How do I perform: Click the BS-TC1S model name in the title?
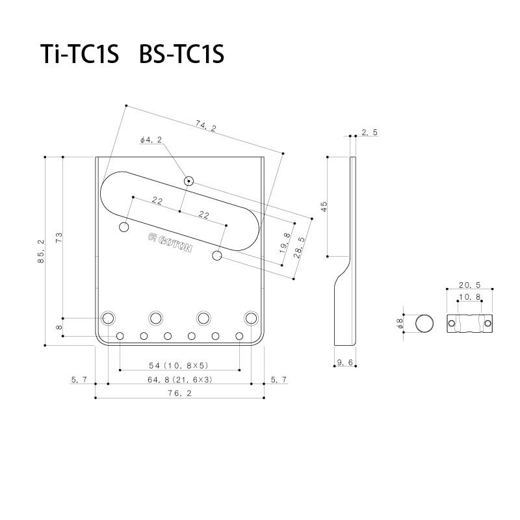[181, 55]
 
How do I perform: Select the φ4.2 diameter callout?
[150, 140]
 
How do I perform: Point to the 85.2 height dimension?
[41, 251]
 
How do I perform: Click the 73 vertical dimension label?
[59, 238]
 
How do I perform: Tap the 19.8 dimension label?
[287, 243]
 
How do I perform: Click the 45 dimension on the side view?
[324, 206]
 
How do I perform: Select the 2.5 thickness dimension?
[369, 133]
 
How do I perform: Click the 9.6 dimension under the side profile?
[344, 361]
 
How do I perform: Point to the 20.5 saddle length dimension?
[470, 285]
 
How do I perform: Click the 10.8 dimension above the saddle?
[470, 297]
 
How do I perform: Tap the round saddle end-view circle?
[424, 323]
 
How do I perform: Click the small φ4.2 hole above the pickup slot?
[188, 181]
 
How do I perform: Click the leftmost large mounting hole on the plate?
[109, 317]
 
